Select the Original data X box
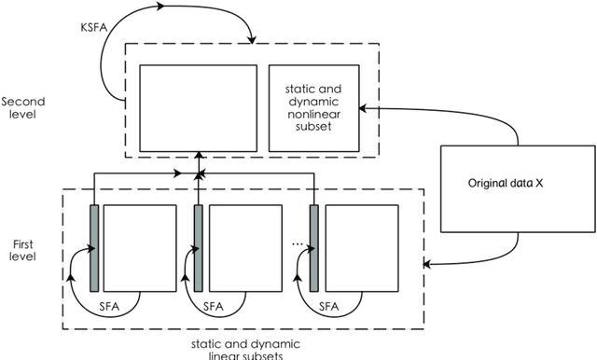click(505, 184)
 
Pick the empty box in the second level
click(198, 107)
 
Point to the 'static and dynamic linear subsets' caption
click(244, 348)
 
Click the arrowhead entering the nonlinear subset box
click(364, 108)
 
